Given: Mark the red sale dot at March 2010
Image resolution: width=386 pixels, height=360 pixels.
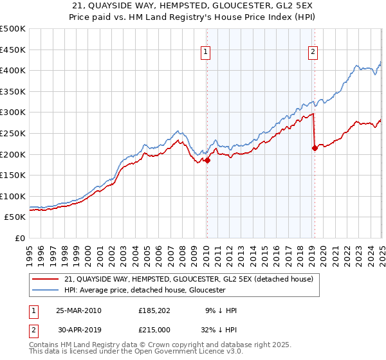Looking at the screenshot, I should coord(208,161).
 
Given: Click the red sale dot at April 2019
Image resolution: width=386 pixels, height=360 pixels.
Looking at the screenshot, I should coord(315,148).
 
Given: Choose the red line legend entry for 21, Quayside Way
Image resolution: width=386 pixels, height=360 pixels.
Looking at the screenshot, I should coord(188,279).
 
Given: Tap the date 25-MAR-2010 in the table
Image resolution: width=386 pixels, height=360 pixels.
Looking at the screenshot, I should coord(78,310).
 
